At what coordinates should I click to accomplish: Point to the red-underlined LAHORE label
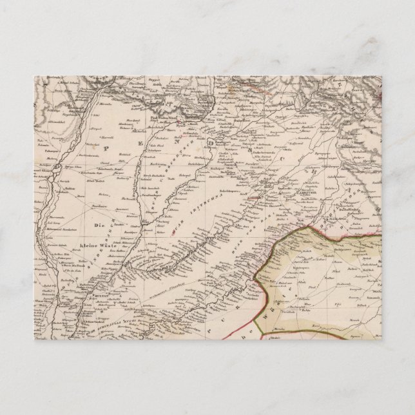[x=255, y=199]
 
